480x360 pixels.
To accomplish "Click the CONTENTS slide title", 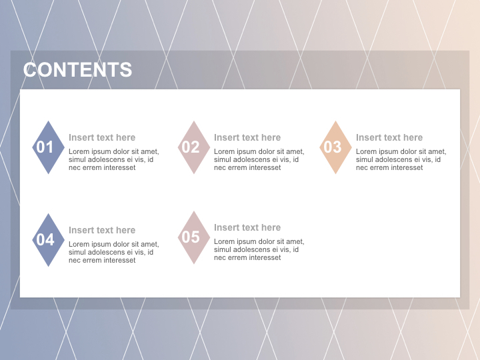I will tap(77, 70).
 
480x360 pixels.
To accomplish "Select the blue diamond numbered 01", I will tap(48, 147).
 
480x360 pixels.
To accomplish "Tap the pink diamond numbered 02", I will tap(193, 147).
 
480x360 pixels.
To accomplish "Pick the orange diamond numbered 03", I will tap(335, 147).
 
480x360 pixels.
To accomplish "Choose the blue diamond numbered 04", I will tap(48, 240).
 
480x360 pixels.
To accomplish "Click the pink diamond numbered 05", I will tap(193, 237).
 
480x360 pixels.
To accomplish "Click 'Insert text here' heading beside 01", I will tap(102, 137).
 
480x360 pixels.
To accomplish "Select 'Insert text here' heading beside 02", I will tap(247, 137).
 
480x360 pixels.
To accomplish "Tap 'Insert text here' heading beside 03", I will tap(389, 137).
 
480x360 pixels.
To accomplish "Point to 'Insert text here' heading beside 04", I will tap(102, 230).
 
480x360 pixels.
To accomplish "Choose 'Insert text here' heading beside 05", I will tap(247, 227).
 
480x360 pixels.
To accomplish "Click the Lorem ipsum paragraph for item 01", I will tap(113, 159).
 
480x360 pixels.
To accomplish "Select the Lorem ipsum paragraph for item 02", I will tap(259, 159).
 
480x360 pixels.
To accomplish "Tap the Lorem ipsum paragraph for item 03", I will tap(401, 159).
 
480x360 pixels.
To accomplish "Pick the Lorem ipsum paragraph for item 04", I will tap(113, 252).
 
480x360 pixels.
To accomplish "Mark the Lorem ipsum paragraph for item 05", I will tap(259, 249).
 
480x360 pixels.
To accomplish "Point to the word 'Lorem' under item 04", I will tap(79, 244).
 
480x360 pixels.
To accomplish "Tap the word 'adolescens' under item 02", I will tap(252, 159).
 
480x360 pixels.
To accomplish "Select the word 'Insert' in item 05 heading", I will tap(226, 227).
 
